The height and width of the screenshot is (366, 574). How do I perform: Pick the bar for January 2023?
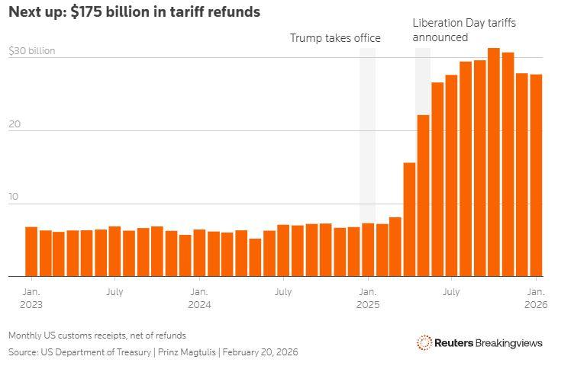tap(31, 252)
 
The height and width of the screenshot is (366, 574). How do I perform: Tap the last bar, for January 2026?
tap(536, 175)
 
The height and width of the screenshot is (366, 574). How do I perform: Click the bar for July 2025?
tap(452, 175)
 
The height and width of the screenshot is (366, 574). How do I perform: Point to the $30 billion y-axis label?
tap(31, 52)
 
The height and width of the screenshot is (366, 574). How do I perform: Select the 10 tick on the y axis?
tap(13, 197)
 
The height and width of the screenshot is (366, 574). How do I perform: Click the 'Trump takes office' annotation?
tap(334, 38)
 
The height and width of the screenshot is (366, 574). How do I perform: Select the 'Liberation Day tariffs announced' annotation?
tap(463, 30)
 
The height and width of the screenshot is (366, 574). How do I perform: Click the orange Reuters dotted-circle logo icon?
tap(424, 343)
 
